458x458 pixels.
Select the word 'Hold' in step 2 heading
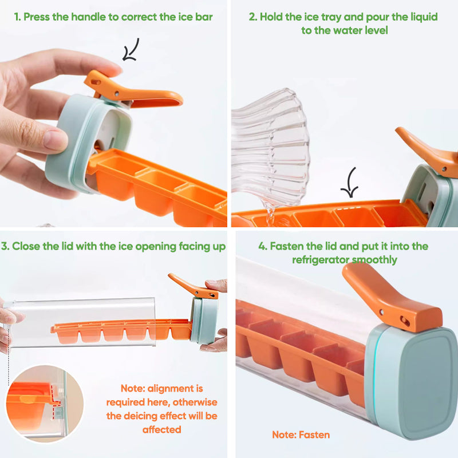[x=273, y=17]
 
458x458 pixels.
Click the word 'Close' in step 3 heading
[x=27, y=246]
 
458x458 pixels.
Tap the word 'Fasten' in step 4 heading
[x=286, y=246]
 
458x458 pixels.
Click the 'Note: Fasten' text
[x=301, y=435]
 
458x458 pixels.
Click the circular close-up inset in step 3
[x=46, y=404]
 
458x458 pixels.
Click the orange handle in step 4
[x=389, y=303]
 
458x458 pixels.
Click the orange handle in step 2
[x=427, y=149]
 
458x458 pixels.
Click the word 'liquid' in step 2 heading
[x=421, y=17]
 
